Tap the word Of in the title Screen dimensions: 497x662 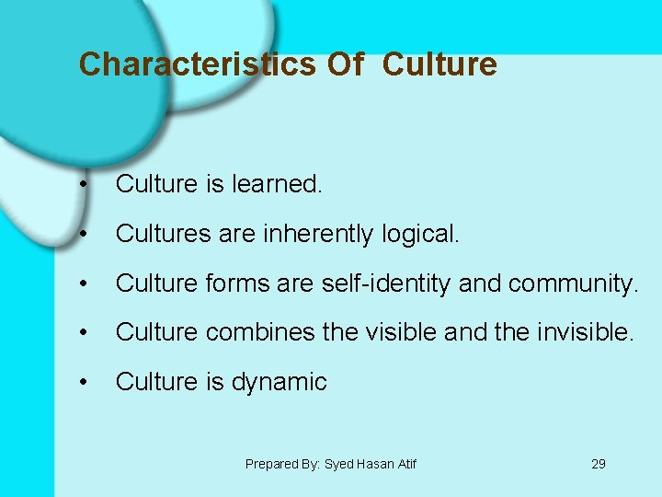tap(346, 64)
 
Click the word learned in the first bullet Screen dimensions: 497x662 tap(277, 184)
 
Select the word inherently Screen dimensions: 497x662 tap(318, 235)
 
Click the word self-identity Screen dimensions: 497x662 tap(386, 284)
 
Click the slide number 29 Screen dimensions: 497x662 tap(599, 464)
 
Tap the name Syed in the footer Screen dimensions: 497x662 tap(339, 464)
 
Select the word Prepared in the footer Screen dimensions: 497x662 tap(271, 464)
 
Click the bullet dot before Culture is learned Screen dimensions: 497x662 tap(84, 185)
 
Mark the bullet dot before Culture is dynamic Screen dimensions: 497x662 tap(84, 382)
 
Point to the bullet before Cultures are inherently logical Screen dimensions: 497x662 tap(84, 235)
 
